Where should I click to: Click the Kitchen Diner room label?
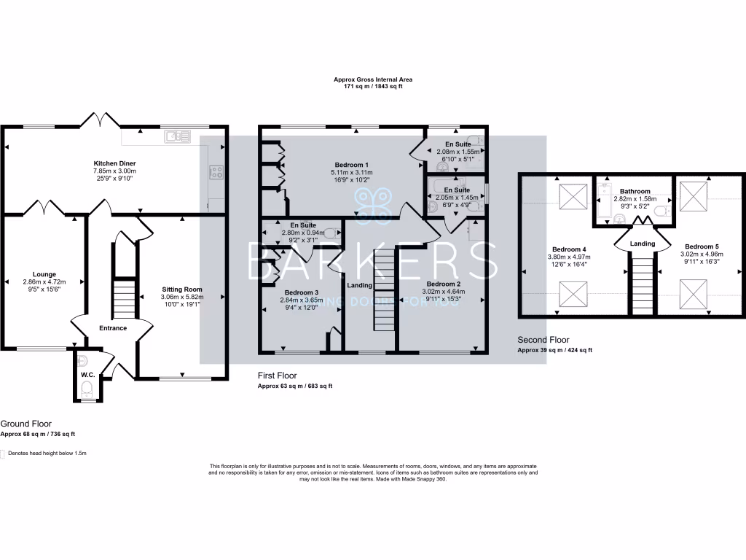pos(114,163)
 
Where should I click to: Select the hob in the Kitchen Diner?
pos(217,172)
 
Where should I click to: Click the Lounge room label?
pos(44,274)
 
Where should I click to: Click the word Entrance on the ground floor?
pos(113,328)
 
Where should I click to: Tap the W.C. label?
pos(87,374)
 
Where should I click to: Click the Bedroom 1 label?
pos(351,164)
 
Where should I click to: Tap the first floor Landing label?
pos(360,285)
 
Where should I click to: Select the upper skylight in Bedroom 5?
pos(691,193)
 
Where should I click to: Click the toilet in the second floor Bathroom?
pos(660,211)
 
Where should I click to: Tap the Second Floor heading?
pos(543,340)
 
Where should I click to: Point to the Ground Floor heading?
pos(25,423)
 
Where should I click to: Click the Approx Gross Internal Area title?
pos(372,79)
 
